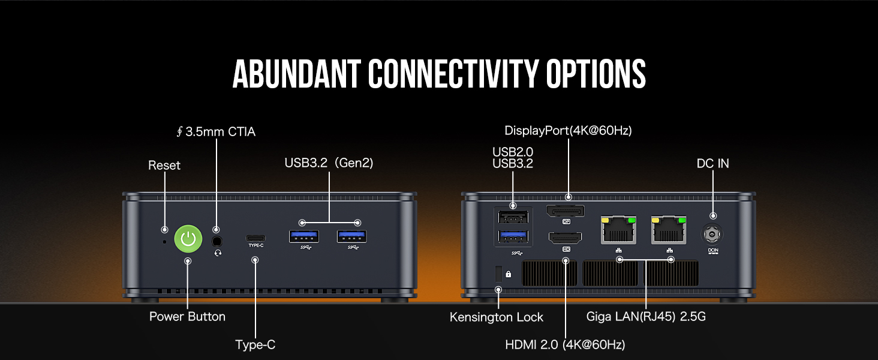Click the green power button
click(x=188, y=239)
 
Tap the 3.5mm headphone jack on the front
click(x=217, y=241)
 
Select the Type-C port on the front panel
click(x=255, y=237)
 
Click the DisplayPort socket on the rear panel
click(x=564, y=211)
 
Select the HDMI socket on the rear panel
click(x=564, y=238)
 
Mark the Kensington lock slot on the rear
click(x=497, y=274)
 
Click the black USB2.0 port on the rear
click(x=513, y=217)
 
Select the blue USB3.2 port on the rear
click(x=513, y=237)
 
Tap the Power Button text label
click(x=187, y=317)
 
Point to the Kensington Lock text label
click(x=496, y=317)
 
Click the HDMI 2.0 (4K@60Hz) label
click(x=565, y=344)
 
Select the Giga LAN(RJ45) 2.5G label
click(x=646, y=317)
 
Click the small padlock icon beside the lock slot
click(x=509, y=274)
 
